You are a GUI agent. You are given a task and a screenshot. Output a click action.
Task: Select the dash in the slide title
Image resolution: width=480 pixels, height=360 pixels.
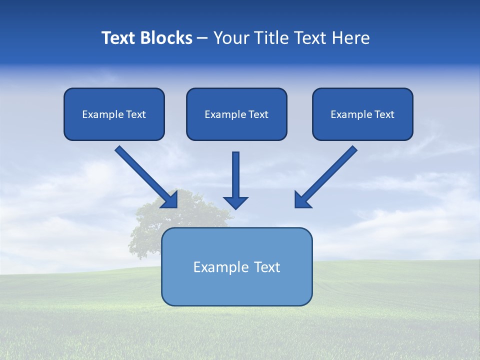[202, 38]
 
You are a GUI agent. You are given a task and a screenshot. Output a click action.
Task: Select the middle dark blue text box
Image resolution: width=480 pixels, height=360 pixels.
[236, 128]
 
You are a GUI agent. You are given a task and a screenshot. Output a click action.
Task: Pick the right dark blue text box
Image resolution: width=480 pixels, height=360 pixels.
[362, 128]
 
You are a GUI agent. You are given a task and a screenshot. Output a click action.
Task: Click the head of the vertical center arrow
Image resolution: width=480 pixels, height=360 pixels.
[235, 202]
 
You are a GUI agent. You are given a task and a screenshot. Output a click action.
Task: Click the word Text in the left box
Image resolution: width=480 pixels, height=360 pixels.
[135, 114]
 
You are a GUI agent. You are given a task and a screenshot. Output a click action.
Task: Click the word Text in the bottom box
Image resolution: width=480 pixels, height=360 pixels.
[267, 267]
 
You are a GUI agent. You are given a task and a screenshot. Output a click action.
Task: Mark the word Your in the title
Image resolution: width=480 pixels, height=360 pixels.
[230, 38]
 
